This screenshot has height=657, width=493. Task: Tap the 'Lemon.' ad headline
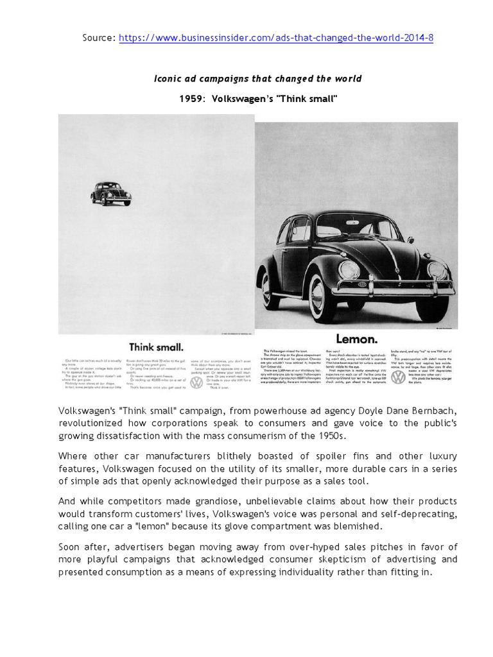[x=357, y=338]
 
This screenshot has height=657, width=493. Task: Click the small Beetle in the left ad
[x=110, y=193]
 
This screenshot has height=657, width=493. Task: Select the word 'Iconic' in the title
[x=169, y=78]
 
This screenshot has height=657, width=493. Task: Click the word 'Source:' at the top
[x=98, y=38]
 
